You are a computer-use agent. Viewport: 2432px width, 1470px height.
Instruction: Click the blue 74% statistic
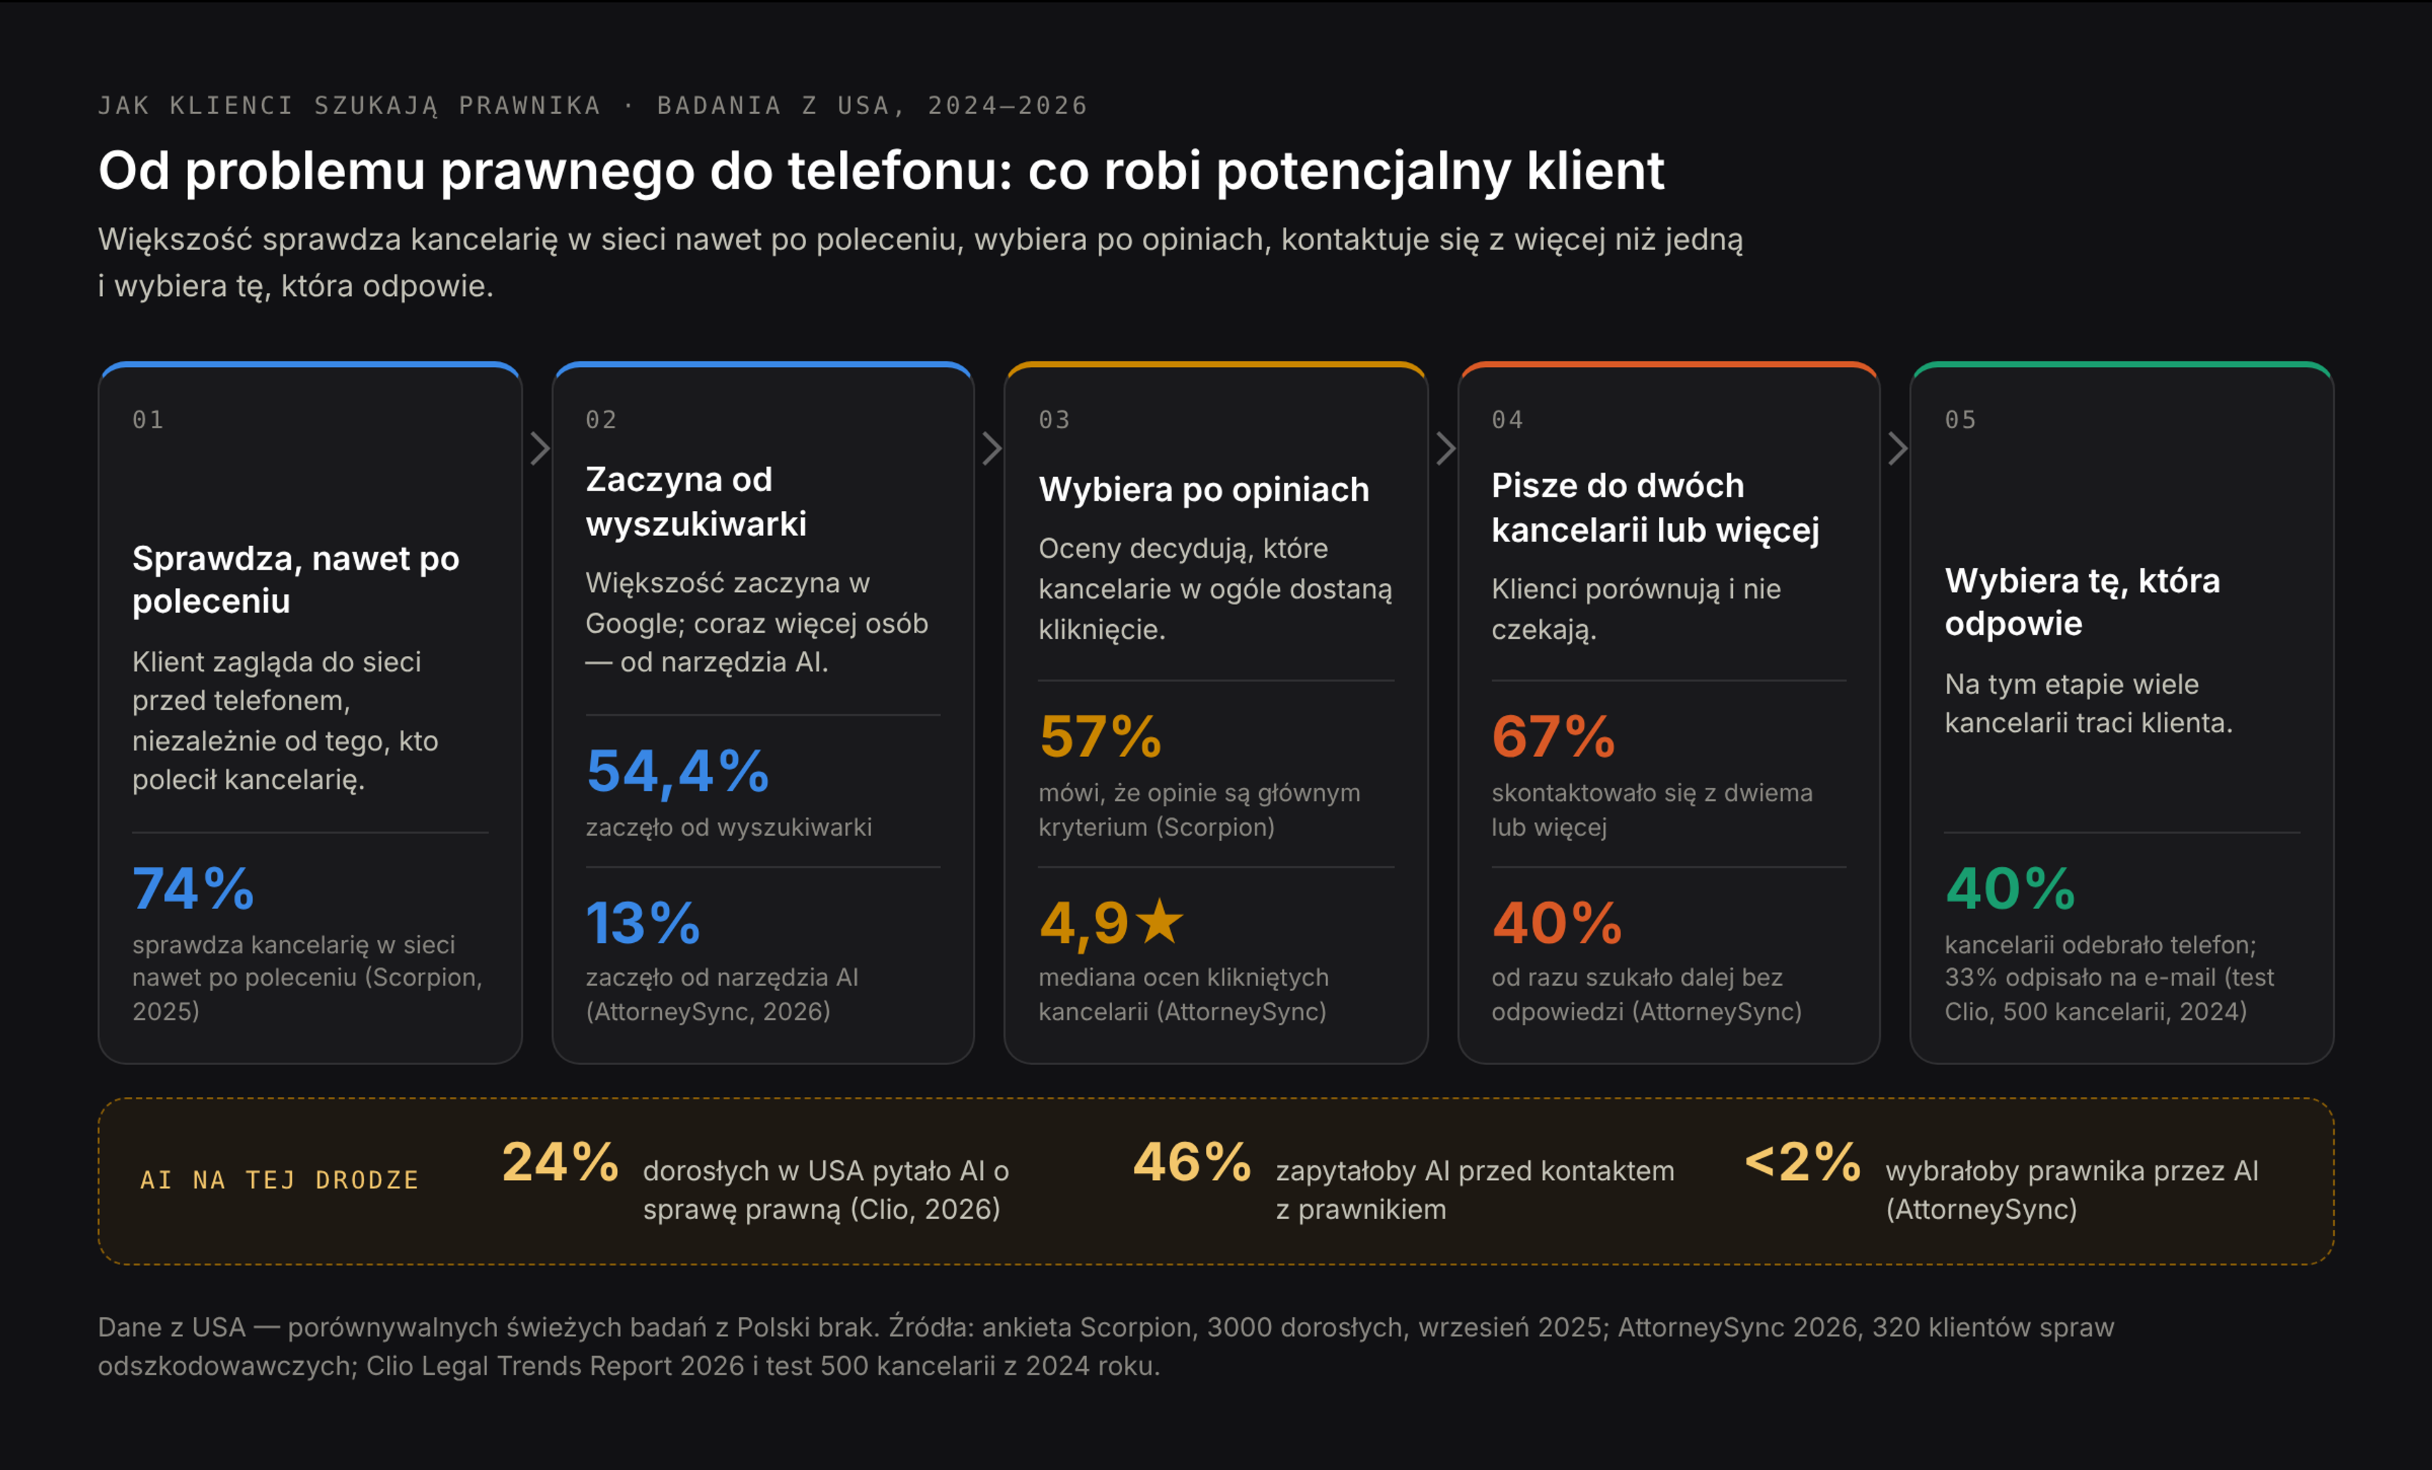(193, 888)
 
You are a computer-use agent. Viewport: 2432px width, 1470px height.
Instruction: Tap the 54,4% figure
(677, 771)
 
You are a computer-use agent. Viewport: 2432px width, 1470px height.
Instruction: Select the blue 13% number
(643, 923)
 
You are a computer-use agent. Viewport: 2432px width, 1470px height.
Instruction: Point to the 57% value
(1099, 736)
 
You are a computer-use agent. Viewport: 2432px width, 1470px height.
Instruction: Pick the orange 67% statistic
(1552, 736)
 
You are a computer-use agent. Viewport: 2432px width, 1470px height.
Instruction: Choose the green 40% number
(2010, 888)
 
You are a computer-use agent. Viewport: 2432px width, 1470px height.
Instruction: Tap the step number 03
(1054, 419)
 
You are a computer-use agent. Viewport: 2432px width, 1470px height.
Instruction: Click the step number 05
(1960, 419)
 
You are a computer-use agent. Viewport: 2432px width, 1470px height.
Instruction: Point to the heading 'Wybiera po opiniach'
(1204, 490)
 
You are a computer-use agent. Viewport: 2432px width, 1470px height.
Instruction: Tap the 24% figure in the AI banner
(560, 1162)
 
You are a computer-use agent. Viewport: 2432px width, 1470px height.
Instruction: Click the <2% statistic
(1802, 1162)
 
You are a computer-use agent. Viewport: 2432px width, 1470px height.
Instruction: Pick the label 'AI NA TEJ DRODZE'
(279, 1180)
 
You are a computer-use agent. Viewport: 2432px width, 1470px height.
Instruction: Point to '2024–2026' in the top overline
(1008, 106)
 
